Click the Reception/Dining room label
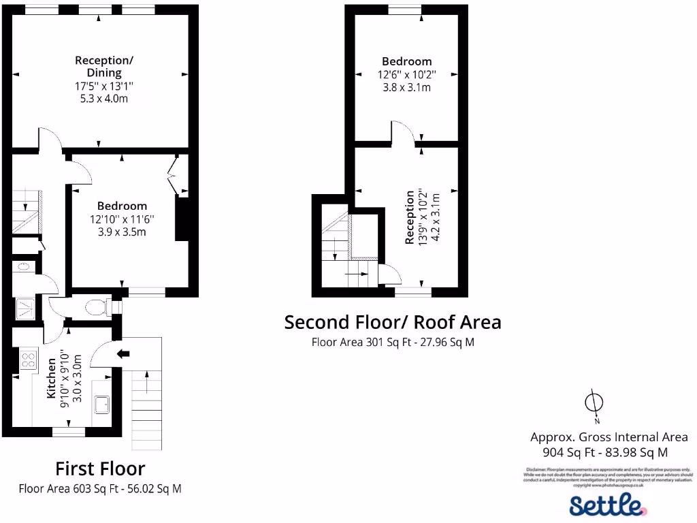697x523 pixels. click(x=104, y=66)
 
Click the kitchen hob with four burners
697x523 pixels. click(x=29, y=359)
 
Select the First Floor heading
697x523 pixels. click(x=100, y=469)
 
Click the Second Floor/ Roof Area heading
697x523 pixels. click(x=392, y=321)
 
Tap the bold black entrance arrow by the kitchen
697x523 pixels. click(x=123, y=353)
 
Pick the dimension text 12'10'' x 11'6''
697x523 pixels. click(x=122, y=219)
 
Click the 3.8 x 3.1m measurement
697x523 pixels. click(x=406, y=87)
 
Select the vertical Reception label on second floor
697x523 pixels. click(x=410, y=217)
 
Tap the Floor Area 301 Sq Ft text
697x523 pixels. click(x=393, y=343)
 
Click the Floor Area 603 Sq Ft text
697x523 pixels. click(x=100, y=488)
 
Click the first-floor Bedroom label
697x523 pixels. click(x=122, y=206)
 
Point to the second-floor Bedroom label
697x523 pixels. click(x=406, y=61)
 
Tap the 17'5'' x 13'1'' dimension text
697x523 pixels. click(x=104, y=86)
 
